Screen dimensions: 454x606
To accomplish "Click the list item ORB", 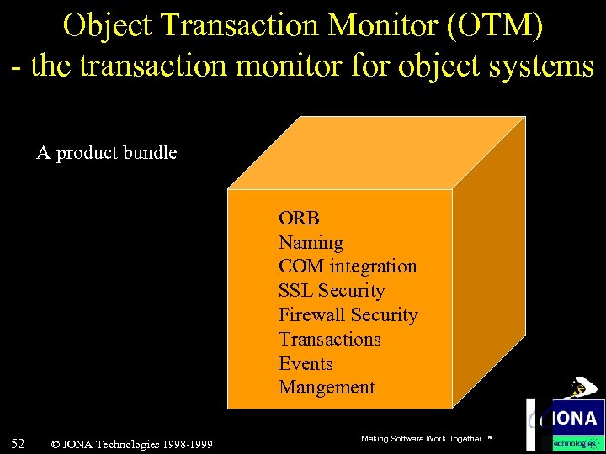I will (299, 219).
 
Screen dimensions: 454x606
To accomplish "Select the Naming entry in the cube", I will (311, 243).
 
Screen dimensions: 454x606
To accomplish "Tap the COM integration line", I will (348, 267).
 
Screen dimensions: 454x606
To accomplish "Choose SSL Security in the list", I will (332, 291).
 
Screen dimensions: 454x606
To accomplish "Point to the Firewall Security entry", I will (348, 315).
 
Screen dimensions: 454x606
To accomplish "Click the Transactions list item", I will (329, 340).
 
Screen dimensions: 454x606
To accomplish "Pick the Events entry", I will (306, 364).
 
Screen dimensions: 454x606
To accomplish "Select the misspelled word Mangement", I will (327, 388).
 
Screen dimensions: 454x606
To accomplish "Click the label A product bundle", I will (107, 153).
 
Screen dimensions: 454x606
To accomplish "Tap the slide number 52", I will (18, 442).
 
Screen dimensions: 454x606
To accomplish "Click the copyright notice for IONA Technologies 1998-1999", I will (131, 444).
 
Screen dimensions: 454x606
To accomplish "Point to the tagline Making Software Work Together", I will (425, 439).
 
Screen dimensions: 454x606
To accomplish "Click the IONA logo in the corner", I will (566, 418).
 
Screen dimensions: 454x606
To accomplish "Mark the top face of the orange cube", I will (376, 152).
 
